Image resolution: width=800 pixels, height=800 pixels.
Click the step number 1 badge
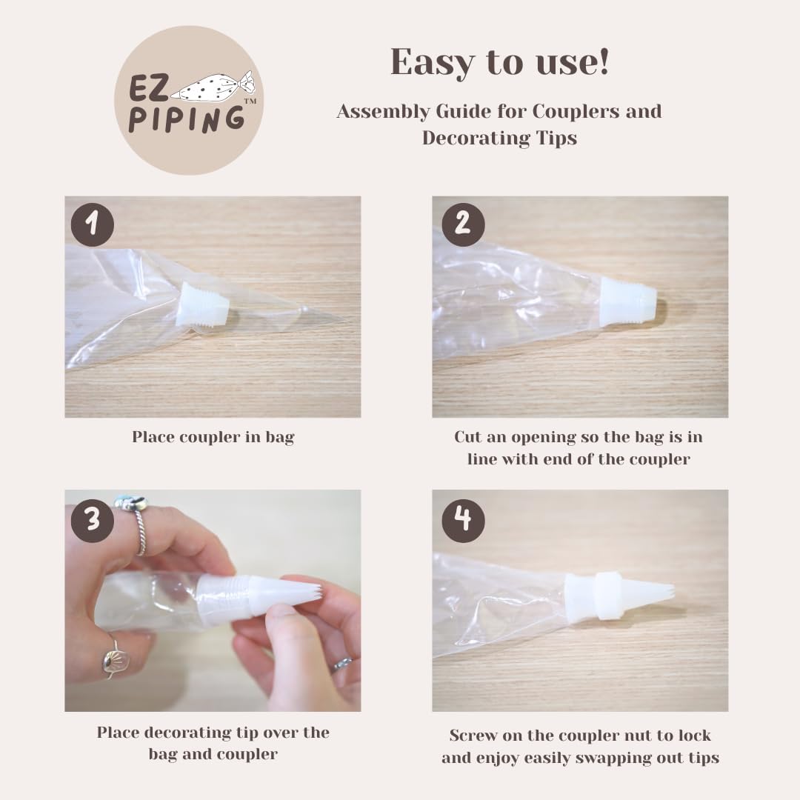93,224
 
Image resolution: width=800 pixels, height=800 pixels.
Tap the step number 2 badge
463,224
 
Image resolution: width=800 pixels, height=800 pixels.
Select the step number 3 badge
93,521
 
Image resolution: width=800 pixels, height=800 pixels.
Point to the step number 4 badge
463,521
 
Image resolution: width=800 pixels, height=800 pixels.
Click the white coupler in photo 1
202,305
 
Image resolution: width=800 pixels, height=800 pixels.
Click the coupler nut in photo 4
607,596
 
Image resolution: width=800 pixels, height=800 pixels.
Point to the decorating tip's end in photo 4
673,592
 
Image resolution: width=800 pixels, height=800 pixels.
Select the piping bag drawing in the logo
213,87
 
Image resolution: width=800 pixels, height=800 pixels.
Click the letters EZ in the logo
148,88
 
